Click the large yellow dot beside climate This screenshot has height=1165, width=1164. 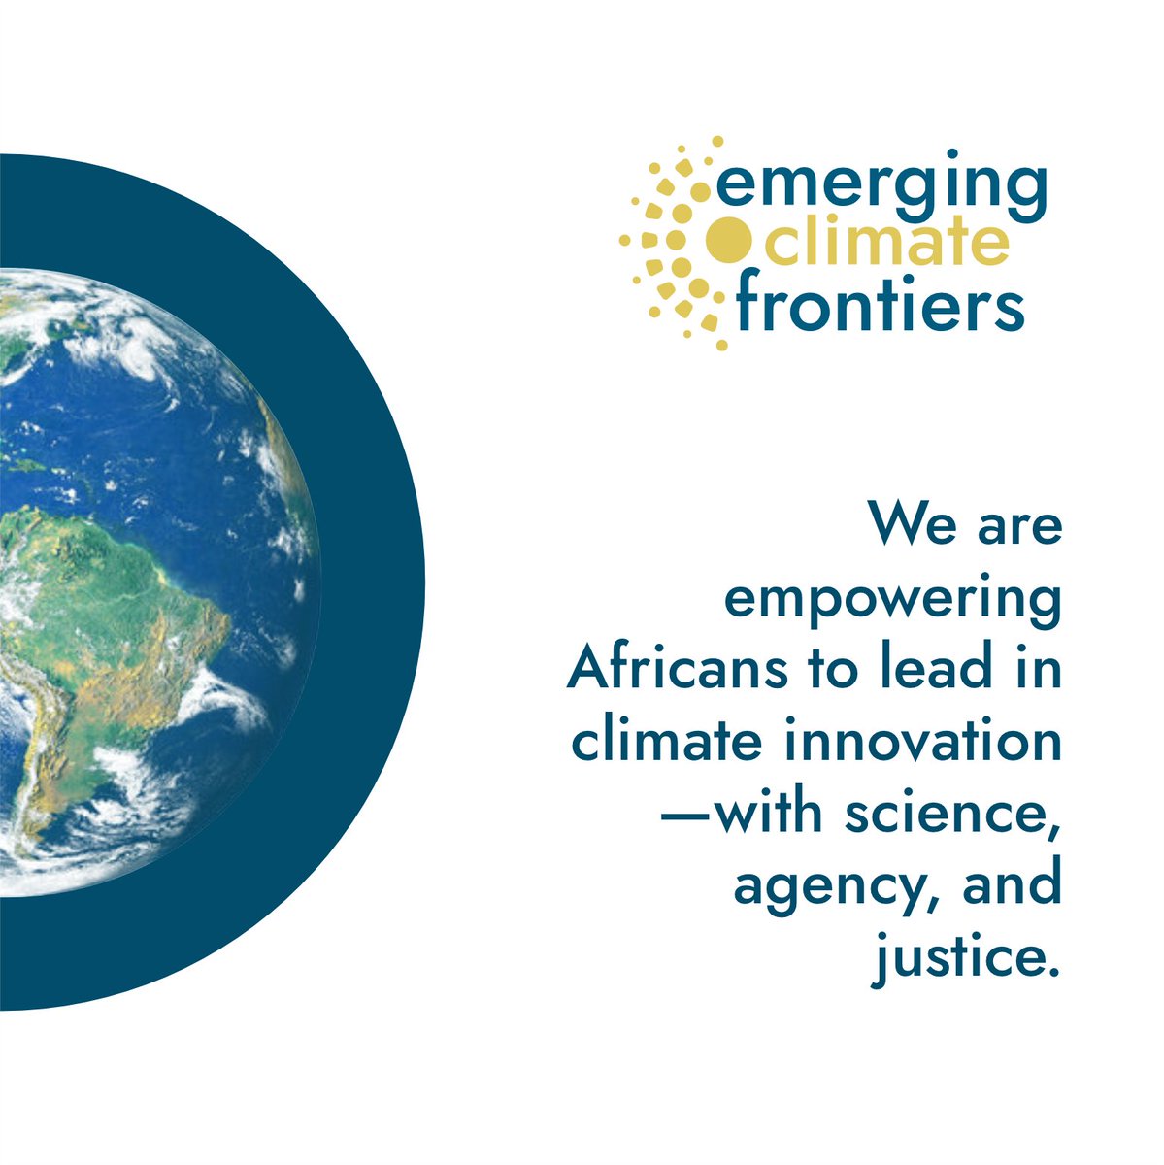pyautogui.click(x=725, y=242)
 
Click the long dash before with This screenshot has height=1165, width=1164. pyautogui.click(x=686, y=815)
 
